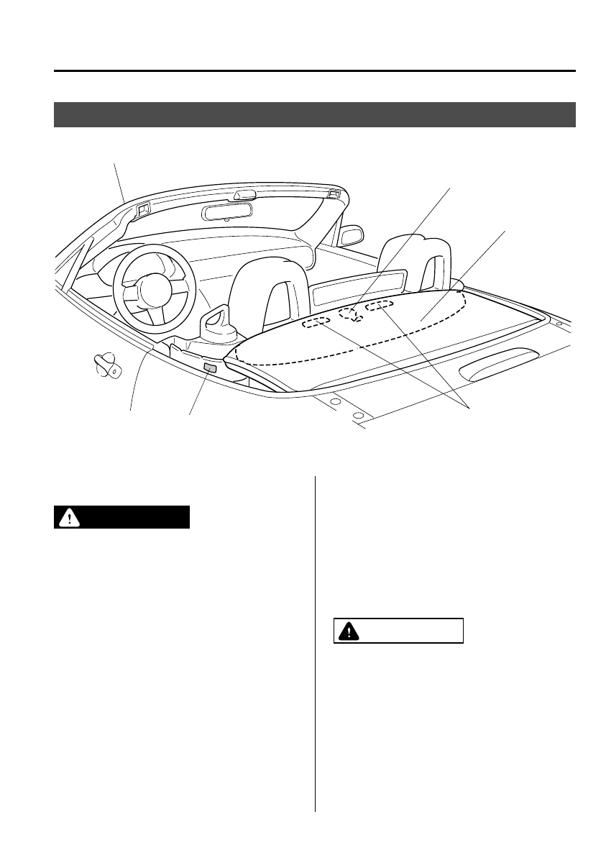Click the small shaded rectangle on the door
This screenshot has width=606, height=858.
210,369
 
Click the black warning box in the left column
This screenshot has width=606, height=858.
121,517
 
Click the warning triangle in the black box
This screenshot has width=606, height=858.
69,518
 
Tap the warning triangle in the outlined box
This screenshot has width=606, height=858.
349,631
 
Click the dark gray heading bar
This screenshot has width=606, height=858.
315,115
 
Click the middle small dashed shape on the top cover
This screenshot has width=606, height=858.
350,314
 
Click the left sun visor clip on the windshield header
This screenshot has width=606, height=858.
142,210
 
